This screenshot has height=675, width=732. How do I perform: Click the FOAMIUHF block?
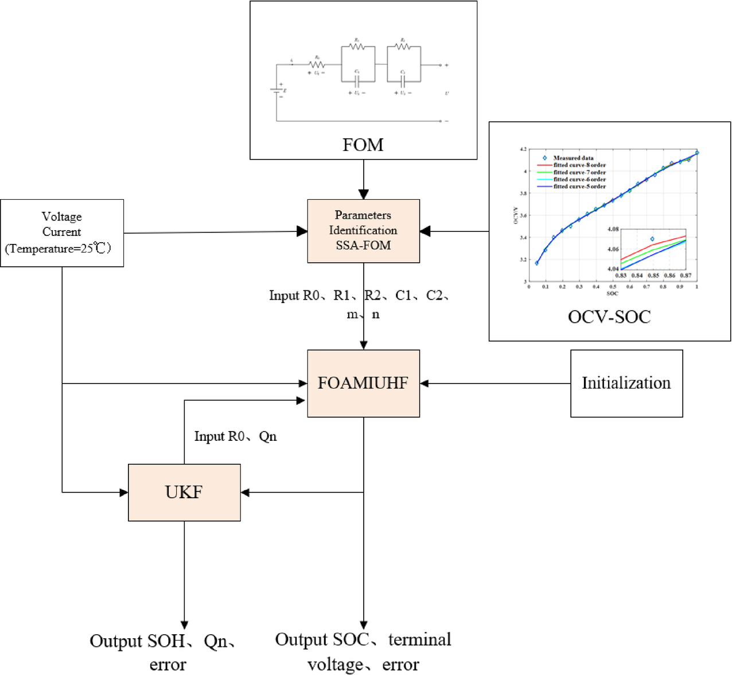tap(363, 383)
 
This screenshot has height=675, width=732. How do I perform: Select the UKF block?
tap(184, 492)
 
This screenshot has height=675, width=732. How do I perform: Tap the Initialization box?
tap(626, 383)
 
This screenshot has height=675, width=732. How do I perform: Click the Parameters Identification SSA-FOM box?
tap(363, 231)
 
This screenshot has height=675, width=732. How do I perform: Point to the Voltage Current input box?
tap(62, 232)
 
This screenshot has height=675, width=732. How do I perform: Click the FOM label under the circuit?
tap(363, 145)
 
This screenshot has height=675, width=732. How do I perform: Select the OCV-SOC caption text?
tap(609, 317)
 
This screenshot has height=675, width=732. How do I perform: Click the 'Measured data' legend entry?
tap(573, 158)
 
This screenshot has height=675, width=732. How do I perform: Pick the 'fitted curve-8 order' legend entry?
tap(579, 165)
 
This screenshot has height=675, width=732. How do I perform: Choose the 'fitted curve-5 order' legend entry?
tap(579, 187)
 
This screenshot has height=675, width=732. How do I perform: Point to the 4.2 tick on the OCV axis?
tap(523, 149)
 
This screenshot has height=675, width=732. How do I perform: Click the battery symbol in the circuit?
tap(277, 91)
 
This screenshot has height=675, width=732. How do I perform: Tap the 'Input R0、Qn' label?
tap(235, 436)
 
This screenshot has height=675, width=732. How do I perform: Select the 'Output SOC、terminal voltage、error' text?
tap(363, 651)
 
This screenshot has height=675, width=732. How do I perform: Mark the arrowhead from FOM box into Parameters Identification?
tap(363, 195)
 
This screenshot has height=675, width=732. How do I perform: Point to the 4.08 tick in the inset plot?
tap(613, 229)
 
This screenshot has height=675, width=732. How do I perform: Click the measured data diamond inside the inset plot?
tap(652, 239)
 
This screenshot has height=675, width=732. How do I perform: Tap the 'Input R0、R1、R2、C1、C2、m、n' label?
tap(360, 304)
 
